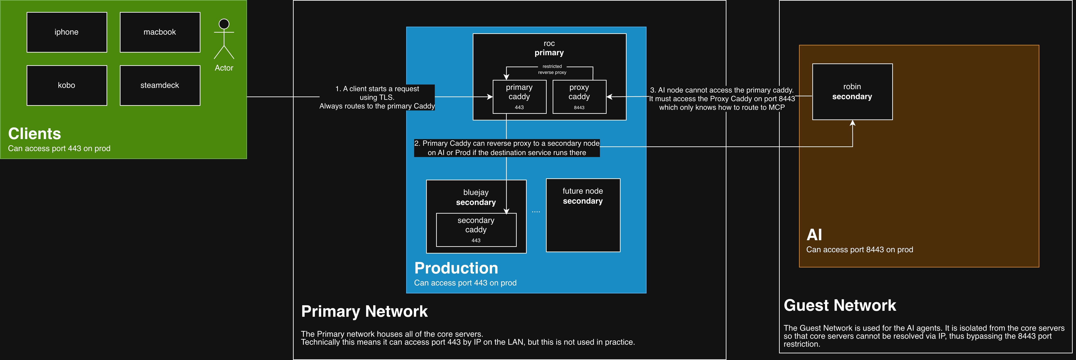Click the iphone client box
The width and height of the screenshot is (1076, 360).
click(67, 32)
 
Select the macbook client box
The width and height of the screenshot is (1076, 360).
click(160, 32)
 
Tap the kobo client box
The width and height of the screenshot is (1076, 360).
click(67, 85)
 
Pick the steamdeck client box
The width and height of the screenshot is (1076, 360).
click(160, 85)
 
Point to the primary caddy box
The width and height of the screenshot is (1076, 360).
click(519, 96)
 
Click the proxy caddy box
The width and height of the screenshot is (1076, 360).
click(579, 96)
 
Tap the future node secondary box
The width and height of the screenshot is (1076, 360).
click(583, 215)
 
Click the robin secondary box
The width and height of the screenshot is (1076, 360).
click(852, 92)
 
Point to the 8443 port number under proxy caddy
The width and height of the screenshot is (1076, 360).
click(579, 108)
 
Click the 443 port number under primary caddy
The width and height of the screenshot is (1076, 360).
click(519, 107)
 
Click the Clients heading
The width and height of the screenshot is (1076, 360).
click(35, 134)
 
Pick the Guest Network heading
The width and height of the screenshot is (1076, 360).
click(840, 305)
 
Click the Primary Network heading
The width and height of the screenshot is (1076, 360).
click(364, 311)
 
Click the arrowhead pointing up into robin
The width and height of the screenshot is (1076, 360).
click(852, 123)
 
